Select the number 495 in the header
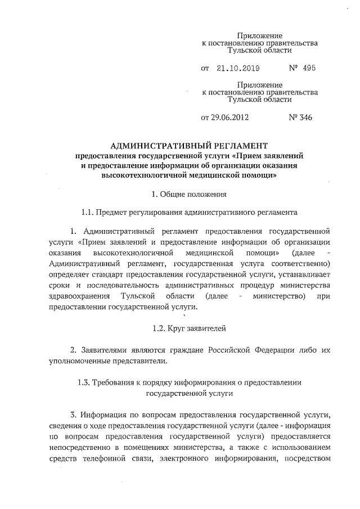308,68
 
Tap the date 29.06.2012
230,118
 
